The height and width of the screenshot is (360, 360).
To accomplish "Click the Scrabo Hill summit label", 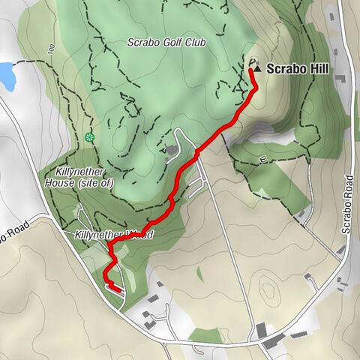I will [292, 68].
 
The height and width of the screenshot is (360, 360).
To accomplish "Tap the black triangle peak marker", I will [258, 68].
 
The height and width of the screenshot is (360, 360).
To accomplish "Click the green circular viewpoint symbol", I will [90, 137].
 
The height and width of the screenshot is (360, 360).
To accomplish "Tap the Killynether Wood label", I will [114, 235].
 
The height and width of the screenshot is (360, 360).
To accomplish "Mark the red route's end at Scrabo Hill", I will [251, 70].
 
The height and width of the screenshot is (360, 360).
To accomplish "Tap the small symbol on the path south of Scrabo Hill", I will [262, 159].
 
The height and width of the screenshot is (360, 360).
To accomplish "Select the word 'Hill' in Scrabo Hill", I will [309, 68].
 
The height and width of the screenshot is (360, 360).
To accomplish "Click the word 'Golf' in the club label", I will [166, 42].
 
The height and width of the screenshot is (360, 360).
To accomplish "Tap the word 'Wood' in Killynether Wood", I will [140, 235].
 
